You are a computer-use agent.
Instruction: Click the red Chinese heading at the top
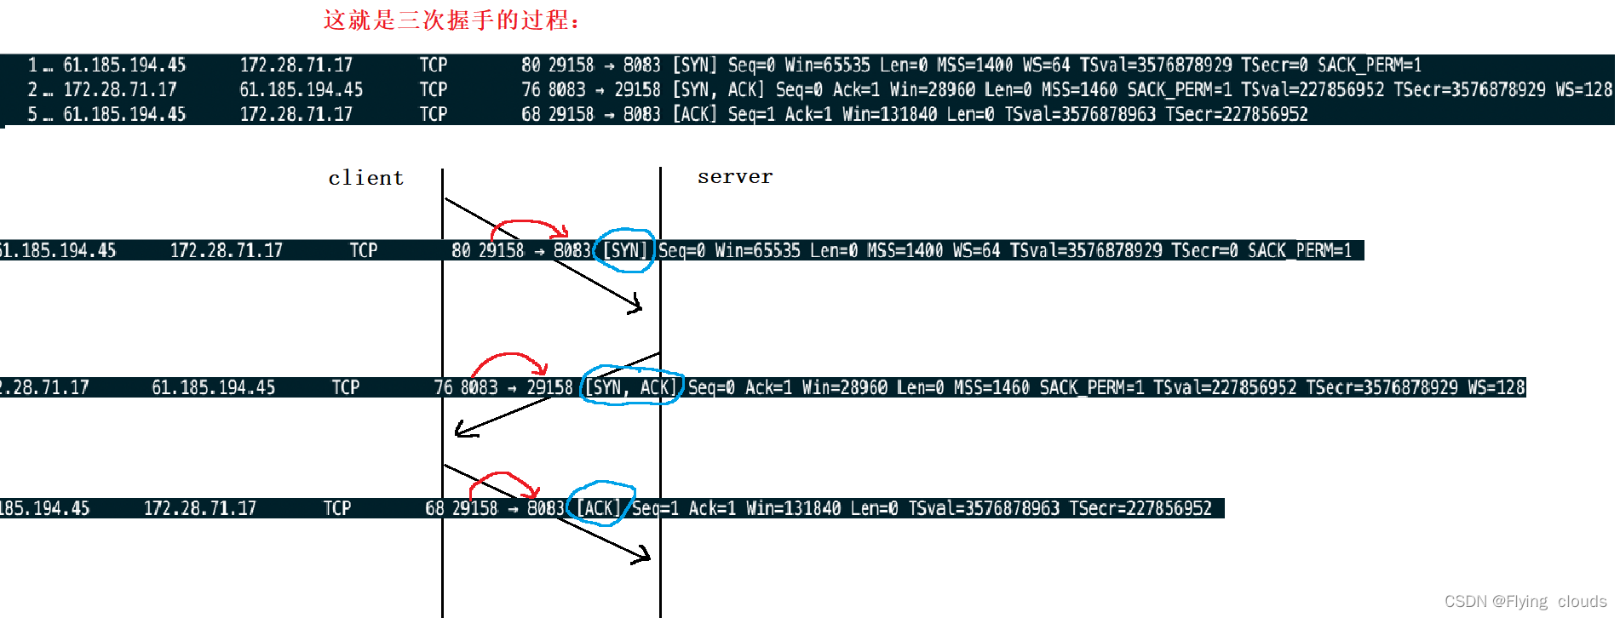click(x=451, y=20)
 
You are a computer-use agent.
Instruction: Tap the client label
click(x=365, y=178)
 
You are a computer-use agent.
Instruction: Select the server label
click(x=734, y=177)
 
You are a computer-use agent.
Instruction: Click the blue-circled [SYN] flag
click(x=625, y=250)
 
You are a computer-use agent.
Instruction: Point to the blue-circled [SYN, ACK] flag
click(x=631, y=388)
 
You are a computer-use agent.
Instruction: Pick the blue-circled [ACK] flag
click(x=599, y=508)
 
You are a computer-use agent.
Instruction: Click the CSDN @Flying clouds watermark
click(x=1525, y=601)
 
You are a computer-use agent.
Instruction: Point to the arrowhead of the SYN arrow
click(x=636, y=306)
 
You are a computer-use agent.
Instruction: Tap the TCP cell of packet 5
click(x=433, y=114)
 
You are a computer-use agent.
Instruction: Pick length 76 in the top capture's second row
click(x=531, y=89)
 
